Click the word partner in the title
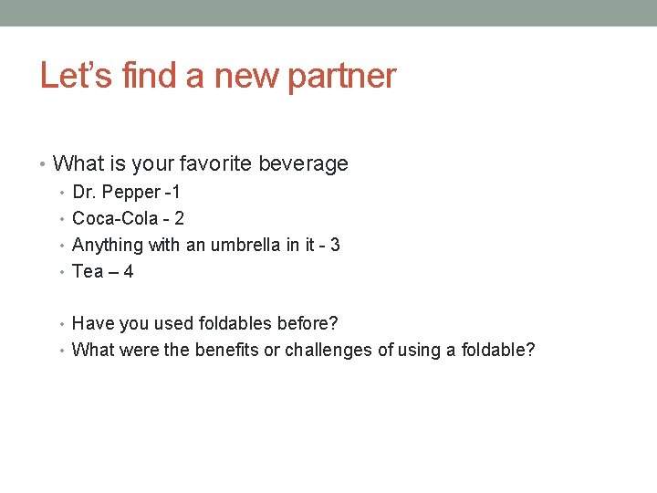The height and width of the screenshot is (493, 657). tap(341, 76)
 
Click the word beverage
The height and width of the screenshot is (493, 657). tap(305, 164)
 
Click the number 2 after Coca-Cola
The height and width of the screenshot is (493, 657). tap(179, 219)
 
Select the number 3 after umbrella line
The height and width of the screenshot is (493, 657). tap(335, 245)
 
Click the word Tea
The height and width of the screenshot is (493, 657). tap(88, 271)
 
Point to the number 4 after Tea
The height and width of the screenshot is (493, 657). tap(128, 271)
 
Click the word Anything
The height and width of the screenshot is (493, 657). tap(108, 245)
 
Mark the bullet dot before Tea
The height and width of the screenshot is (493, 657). tap(63, 272)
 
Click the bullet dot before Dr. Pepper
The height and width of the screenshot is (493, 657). tap(63, 194)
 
